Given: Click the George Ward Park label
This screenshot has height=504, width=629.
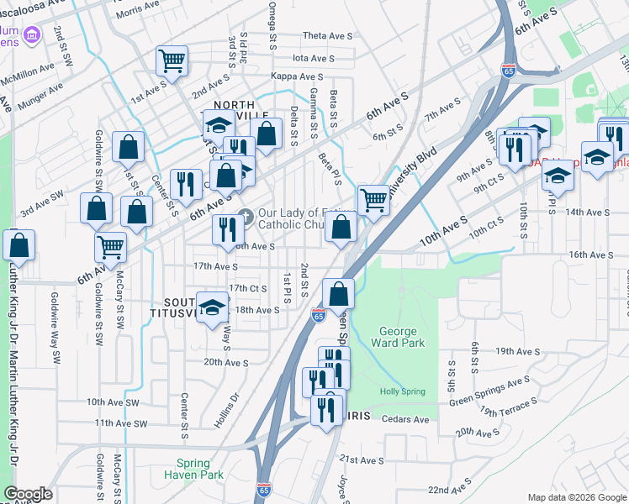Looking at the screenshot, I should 397,337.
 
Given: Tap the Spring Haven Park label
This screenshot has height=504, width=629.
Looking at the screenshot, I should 200,469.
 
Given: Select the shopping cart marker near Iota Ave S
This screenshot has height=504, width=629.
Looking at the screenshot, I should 172,60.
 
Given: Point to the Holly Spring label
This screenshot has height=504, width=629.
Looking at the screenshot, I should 402,391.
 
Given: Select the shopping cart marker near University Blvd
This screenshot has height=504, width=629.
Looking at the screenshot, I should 373,200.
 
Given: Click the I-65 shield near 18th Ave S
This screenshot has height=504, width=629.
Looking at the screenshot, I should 318,315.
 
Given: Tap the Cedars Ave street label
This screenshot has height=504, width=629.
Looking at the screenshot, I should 405,419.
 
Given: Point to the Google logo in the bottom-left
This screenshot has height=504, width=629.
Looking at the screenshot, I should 28,494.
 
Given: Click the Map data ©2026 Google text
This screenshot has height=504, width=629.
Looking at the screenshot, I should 576,497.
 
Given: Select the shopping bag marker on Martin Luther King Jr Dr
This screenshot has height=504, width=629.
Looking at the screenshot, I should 18,244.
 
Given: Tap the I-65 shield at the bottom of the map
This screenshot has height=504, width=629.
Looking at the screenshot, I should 264,488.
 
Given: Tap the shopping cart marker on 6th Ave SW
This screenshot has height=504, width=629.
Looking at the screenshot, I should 111,247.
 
